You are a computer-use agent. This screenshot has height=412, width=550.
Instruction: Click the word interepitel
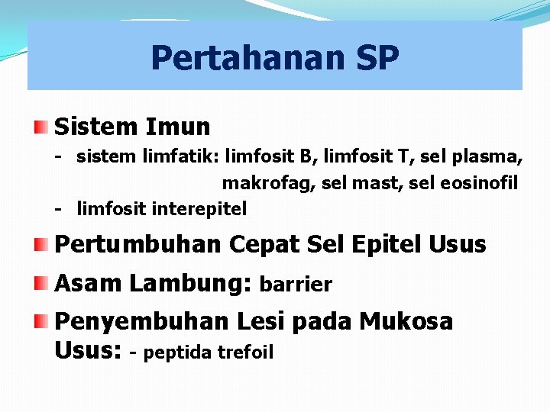[199, 208]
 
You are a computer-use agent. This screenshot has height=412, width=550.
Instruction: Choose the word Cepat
[264, 245]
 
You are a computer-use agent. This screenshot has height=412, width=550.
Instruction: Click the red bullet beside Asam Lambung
[42, 283]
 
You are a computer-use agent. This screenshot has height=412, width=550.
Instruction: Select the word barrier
[296, 285]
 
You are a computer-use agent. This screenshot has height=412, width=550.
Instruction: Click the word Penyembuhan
[141, 322]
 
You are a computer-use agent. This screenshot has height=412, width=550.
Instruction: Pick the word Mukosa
[406, 322]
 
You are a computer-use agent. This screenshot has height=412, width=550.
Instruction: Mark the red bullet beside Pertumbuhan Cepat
[42, 245]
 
